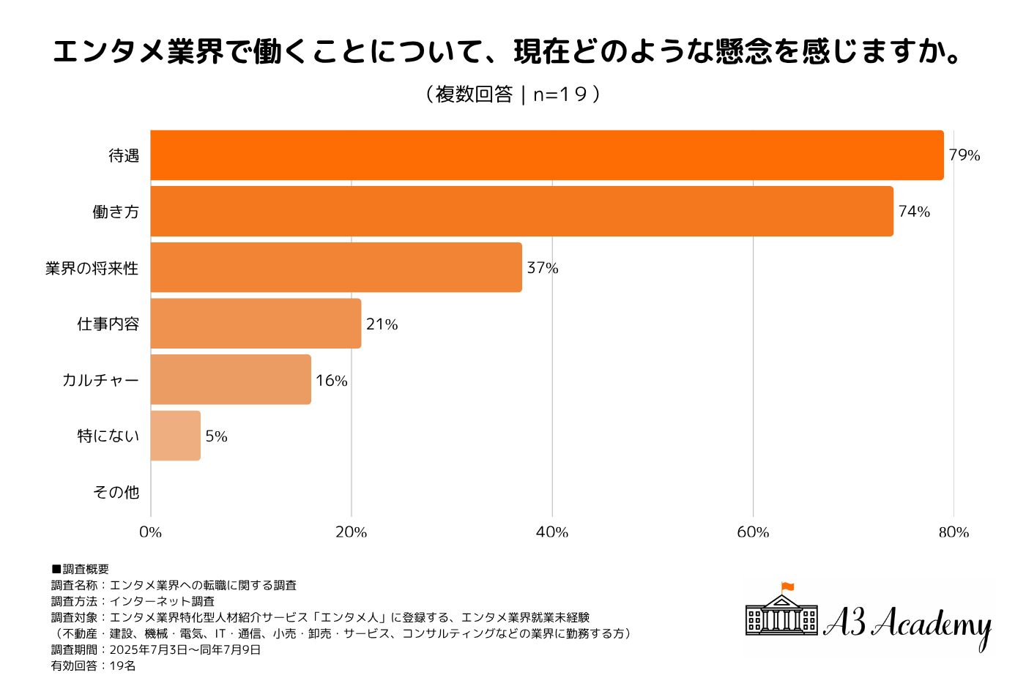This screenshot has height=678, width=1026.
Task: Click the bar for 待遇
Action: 546,155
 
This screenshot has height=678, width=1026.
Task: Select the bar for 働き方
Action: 521,212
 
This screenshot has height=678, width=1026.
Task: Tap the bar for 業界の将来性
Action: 336,267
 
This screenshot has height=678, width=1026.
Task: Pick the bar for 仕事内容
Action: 256,324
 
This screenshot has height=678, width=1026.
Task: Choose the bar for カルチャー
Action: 231,379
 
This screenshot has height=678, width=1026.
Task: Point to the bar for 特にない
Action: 175,436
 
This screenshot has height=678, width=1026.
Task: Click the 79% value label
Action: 964,155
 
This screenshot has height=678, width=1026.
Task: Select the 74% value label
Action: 914,212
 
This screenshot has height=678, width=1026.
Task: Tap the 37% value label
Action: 543,268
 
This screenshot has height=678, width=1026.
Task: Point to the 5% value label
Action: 216,436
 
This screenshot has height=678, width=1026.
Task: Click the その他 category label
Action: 116,492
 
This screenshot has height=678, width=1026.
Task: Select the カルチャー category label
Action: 100,380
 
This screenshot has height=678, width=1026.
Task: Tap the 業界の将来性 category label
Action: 92,268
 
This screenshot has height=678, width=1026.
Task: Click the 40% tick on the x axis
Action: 552,532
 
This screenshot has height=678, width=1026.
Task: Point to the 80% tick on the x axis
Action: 953,532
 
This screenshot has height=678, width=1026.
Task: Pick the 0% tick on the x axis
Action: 150,532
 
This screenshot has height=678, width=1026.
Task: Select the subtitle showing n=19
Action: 513,94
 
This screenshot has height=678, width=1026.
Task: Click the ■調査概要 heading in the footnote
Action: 80,569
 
